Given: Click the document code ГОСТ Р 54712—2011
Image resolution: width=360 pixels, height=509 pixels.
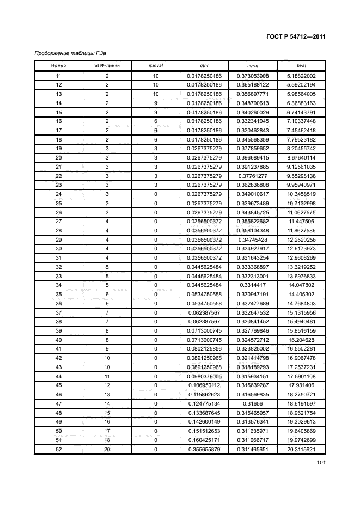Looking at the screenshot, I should click(x=296, y=37).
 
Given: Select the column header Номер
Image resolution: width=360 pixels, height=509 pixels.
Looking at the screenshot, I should click(x=58, y=65).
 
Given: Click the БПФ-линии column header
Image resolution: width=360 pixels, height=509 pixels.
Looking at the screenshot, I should click(x=107, y=65).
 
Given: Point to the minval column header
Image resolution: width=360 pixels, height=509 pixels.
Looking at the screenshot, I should click(x=156, y=65).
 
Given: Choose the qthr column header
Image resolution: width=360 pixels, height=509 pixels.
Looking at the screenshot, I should click(x=204, y=65).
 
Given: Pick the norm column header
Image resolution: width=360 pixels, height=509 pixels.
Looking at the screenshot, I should click(x=252, y=65).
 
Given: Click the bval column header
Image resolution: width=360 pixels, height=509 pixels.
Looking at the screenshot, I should click(x=301, y=65).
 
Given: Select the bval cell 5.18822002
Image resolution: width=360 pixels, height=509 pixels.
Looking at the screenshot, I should click(x=301, y=76).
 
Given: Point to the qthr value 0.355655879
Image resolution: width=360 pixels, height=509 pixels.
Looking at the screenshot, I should click(x=204, y=450).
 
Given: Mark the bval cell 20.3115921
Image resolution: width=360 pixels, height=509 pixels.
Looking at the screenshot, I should click(x=301, y=450).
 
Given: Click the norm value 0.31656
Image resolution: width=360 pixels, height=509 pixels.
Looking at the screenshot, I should click(x=253, y=403).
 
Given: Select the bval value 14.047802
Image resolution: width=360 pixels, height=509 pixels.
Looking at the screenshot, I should click(x=301, y=285).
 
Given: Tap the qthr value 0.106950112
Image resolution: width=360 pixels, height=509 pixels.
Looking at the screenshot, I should click(x=204, y=385).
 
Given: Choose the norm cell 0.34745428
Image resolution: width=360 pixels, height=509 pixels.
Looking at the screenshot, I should click(x=253, y=240).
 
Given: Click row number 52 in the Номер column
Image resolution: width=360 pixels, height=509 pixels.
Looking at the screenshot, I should click(x=58, y=450).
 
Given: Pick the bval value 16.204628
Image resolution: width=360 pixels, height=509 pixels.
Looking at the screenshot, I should click(x=301, y=340).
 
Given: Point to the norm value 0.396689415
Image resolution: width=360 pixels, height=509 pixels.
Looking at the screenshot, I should click(x=253, y=157).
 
